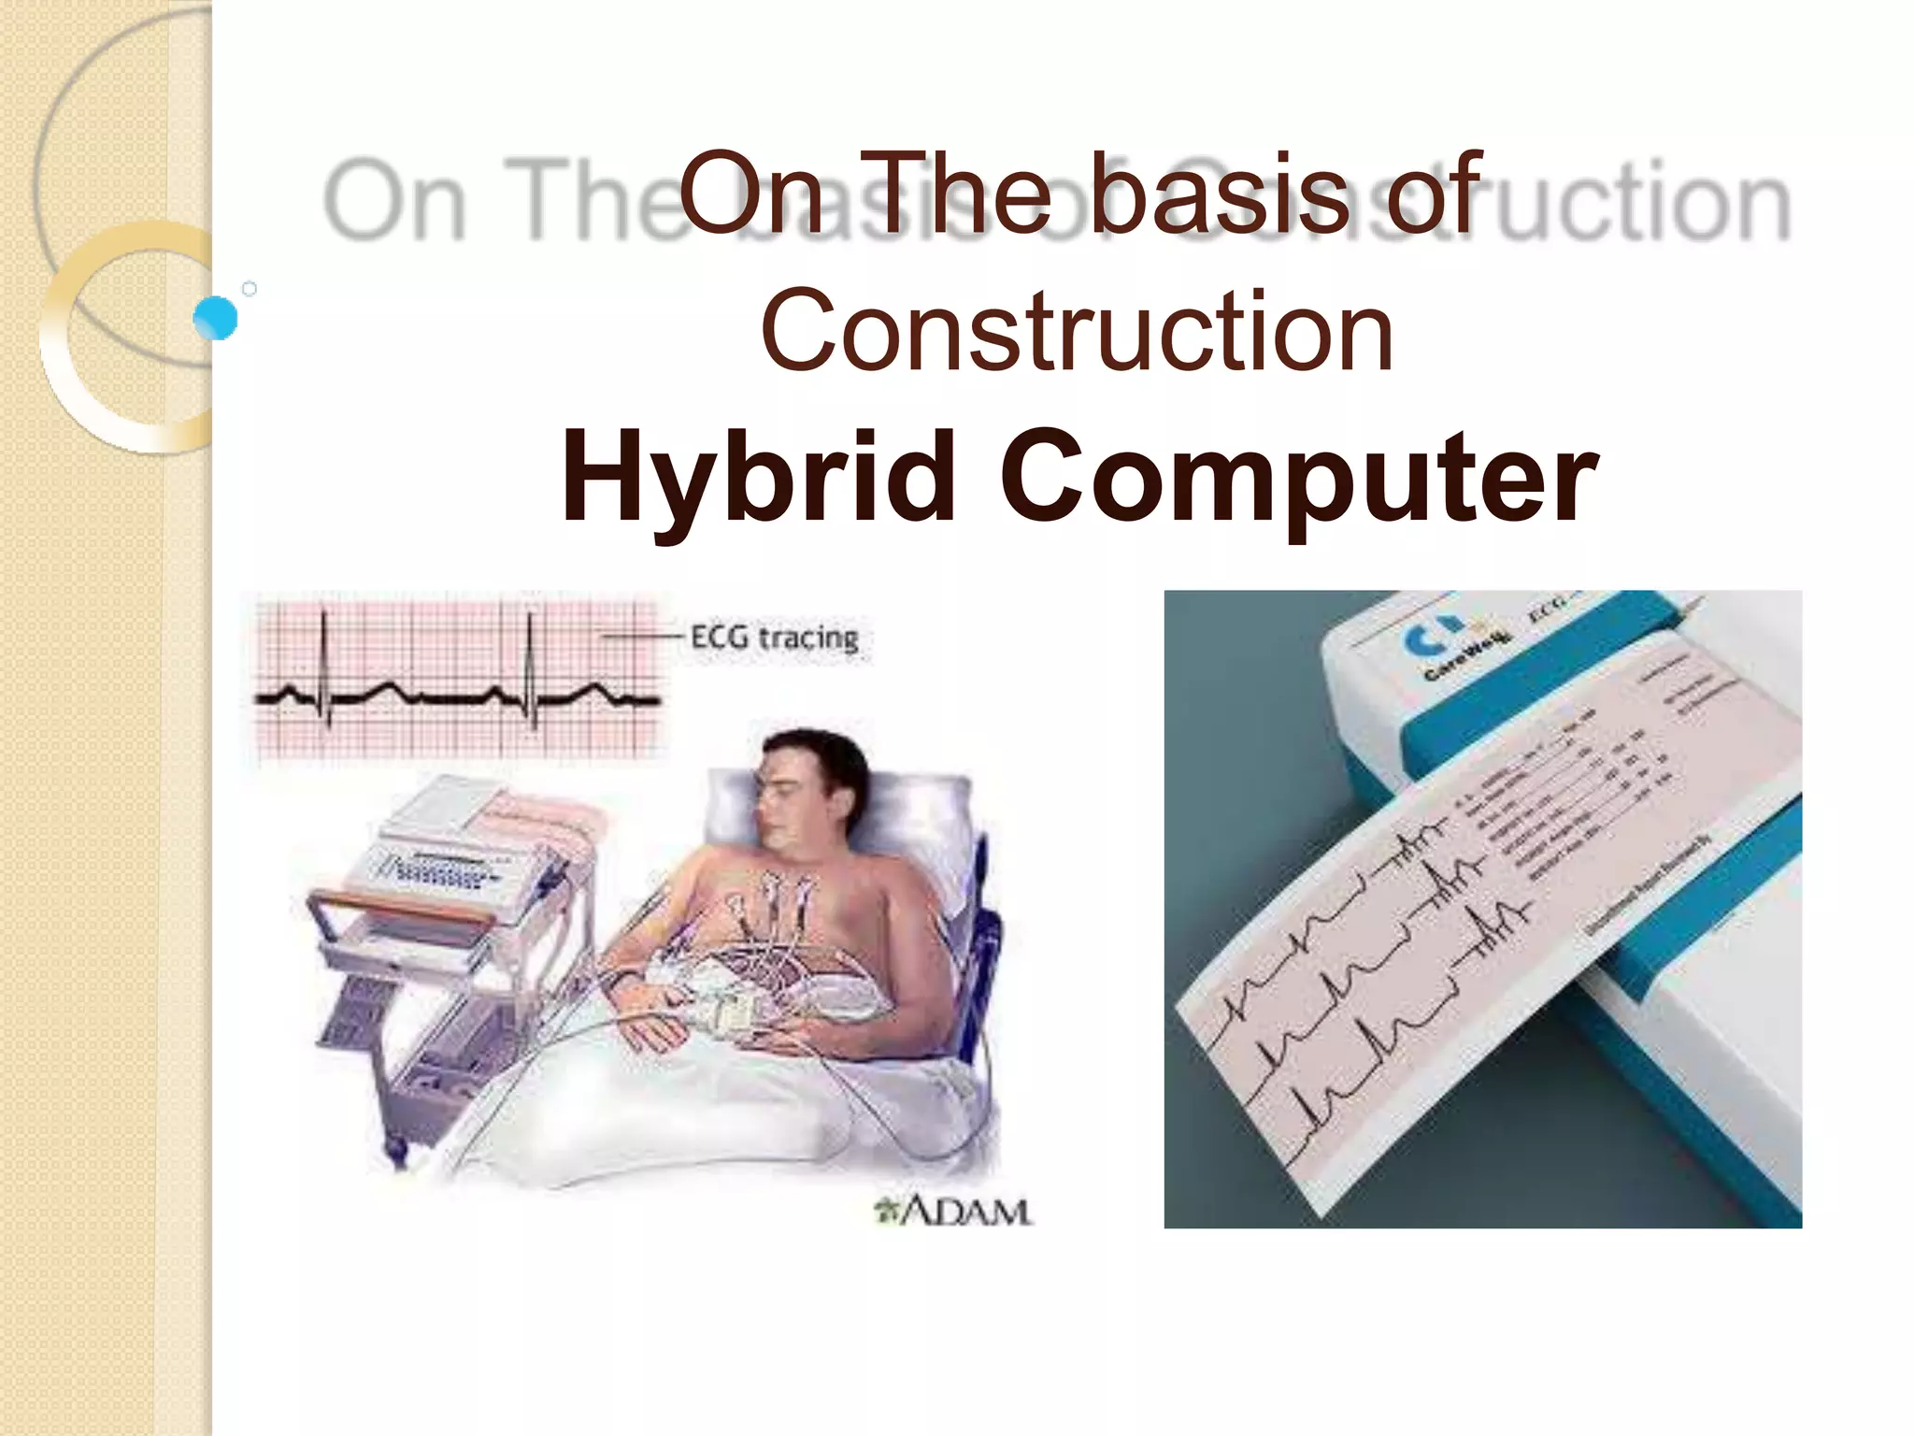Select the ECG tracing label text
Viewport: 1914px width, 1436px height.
coord(774,638)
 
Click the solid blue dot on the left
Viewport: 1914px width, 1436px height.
coord(216,318)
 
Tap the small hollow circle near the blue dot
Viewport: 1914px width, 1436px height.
coord(250,289)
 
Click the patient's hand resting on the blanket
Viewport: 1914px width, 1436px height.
coord(654,1028)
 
